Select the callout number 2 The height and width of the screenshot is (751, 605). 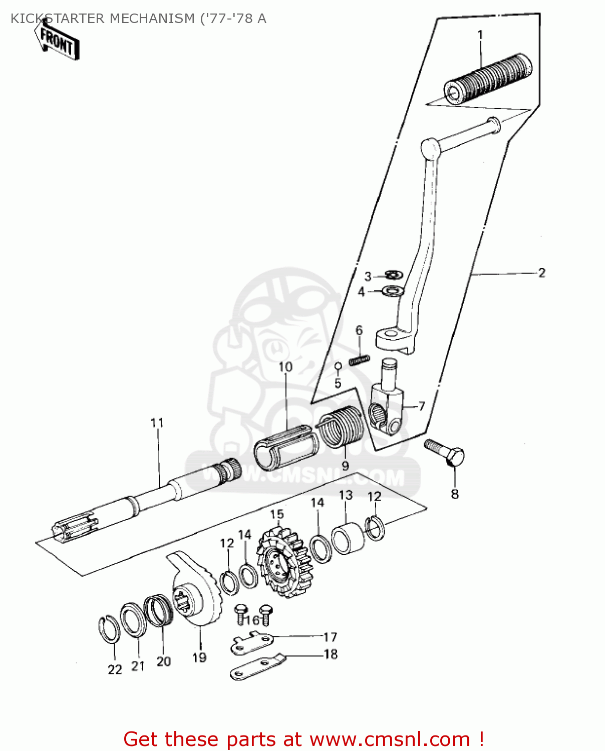(x=541, y=273)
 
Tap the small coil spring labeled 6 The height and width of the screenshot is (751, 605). (x=360, y=359)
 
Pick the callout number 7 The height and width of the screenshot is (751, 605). (x=421, y=406)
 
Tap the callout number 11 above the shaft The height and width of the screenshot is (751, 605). (x=157, y=423)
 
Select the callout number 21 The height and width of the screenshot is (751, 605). (x=138, y=666)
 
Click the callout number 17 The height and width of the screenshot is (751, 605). (x=330, y=637)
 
